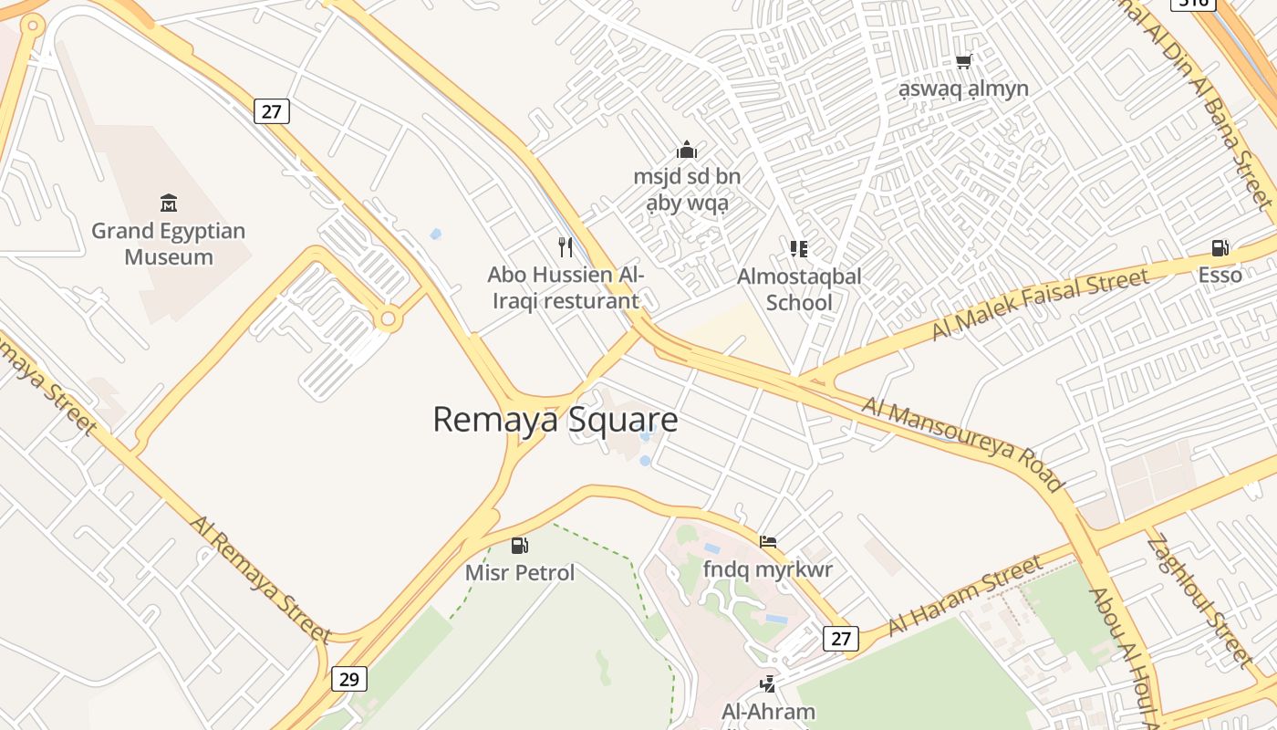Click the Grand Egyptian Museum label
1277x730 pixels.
(x=169, y=244)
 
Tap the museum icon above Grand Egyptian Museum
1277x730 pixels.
(x=169, y=203)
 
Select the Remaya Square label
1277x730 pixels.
(x=555, y=420)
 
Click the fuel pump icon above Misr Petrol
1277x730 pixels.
(x=520, y=546)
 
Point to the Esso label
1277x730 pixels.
(x=1220, y=275)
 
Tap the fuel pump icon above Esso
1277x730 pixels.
(x=1220, y=248)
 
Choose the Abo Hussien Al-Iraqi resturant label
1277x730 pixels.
(x=566, y=287)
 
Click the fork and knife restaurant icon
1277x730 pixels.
(x=566, y=246)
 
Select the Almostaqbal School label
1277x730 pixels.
(x=799, y=289)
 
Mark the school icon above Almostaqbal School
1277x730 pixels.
(x=799, y=248)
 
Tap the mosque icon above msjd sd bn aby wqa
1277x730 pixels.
(x=687, y=150)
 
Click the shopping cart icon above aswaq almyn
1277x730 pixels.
(x=963, y=62)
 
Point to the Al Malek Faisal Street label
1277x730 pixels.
(x=1039, y=306)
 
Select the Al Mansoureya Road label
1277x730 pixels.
(x=962, y=443)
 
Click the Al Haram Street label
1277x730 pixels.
(x=965, y=595)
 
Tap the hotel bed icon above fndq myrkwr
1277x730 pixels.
(x=768, y=542)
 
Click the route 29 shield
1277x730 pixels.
(x=348, y=679)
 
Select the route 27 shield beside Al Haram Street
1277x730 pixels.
(x=840, y=639)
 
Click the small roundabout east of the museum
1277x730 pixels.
(x=389, y=319)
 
